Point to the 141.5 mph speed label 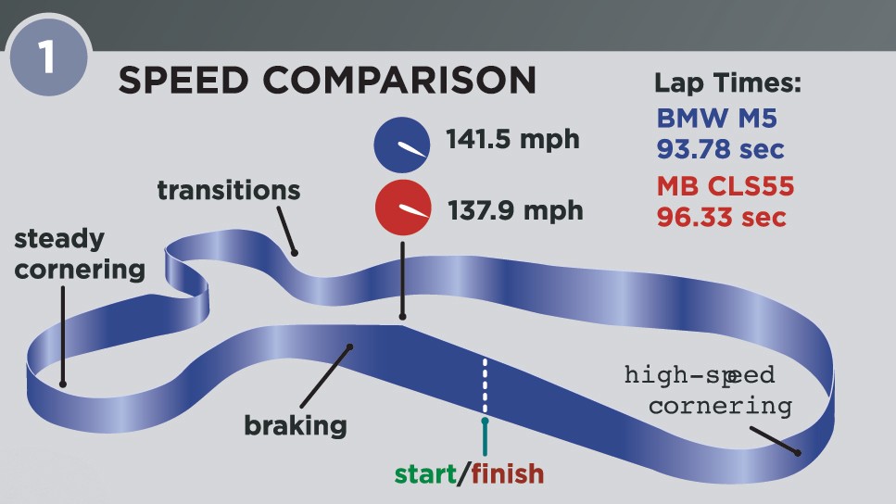(512, 140)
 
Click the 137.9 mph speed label (515, 210)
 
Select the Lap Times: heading (727, 83)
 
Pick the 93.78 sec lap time (720, 148)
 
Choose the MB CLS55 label (726, 187)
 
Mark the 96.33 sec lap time (721, 218)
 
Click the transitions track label (229, 190)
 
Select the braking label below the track (295, 426)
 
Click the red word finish (507, 474)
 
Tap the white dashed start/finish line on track (485, 384)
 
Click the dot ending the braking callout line (350, 347)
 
